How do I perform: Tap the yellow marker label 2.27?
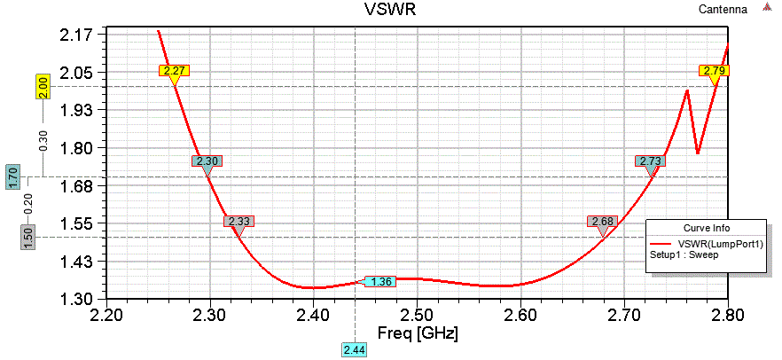click(x=174, y=70)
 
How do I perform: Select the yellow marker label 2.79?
click(x=714, y=70)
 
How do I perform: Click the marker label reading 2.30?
click(x=207, y=161)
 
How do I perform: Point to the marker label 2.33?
click(x=239, y=221)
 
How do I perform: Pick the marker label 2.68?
click(x=601, y=221)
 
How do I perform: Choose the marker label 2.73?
click(x=650, y=161)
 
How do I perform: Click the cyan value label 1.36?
click(x=381, y=282)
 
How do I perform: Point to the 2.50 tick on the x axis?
click(x=416, y=315)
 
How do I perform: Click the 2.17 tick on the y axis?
click(x=78, y=35)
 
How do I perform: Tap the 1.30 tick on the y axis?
click(x=78, y=299)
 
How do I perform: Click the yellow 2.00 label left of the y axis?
click(x=42, y=87)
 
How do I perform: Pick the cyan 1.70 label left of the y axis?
click(x=13, y=176)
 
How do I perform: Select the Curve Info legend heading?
click(x=706, y=228)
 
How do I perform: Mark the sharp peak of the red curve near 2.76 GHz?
click(x=687, y=90)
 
